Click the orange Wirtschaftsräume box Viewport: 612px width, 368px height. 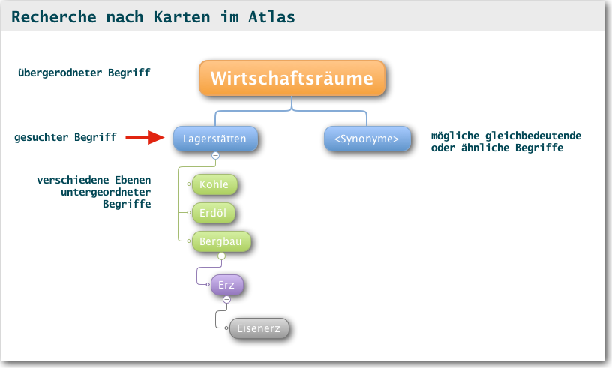point(292,78)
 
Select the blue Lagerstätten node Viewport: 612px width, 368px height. point(215,139)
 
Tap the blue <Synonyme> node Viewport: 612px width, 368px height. point(367,139)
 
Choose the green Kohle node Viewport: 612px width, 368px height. point(214,184)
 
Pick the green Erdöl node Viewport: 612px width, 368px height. point(214,213)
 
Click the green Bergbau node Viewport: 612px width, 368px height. point(221,241)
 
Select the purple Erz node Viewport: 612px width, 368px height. point(226,285)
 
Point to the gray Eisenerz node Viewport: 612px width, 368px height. point(259,328)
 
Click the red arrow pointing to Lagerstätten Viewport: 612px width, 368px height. point(145,137)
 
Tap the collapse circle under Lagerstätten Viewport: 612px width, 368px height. point(215,155)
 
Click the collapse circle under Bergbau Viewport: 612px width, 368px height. point(221,256)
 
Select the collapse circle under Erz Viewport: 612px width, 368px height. point(226,300)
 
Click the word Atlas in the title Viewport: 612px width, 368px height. point(271,17)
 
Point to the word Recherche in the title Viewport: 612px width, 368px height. point(54,17)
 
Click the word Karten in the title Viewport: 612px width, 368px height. point(181,17)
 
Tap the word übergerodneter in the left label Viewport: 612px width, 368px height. point(60,73)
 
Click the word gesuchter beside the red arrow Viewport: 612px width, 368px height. point(41,137)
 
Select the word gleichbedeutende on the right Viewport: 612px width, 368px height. point(533,136)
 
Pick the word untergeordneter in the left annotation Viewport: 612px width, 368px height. point(106,192)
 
